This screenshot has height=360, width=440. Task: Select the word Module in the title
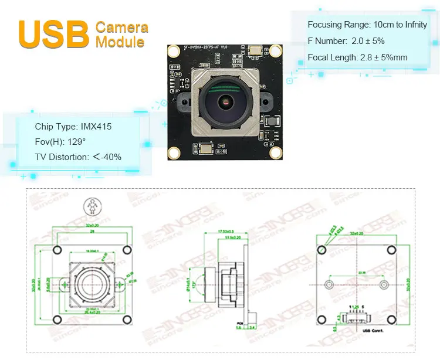tap(120, 42)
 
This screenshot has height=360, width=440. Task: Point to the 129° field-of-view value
tap(76, 142)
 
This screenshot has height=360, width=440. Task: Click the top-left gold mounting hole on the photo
tap(174, 52)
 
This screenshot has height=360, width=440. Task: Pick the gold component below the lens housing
tap(206, 150)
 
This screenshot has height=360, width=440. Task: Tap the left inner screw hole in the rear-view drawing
tap(330, 284)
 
